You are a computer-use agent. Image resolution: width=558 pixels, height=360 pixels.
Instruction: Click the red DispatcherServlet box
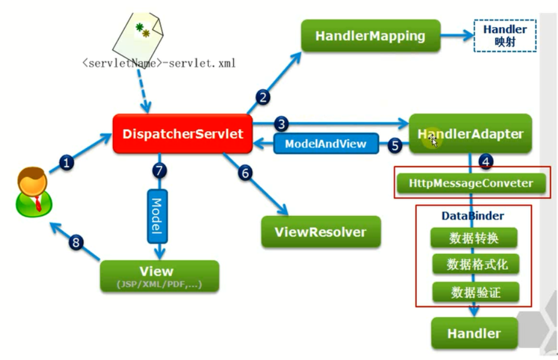pos(182,134)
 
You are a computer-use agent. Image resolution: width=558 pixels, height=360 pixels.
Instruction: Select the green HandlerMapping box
pos(370,35)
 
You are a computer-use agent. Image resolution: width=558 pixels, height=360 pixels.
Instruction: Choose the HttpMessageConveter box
pos(471,183)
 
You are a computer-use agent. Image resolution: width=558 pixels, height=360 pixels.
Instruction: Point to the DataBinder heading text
pos(472,216)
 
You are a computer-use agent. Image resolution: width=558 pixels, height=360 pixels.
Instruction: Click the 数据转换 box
pos(475,238)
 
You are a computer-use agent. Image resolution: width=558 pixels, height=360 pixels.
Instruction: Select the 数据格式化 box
pos(475,264)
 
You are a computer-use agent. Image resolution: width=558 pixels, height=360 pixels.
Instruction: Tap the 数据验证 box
pos(475,292)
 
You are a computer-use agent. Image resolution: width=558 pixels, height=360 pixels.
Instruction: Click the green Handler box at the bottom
pos(474,333)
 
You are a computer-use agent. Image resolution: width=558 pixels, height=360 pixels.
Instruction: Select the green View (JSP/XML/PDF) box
pos(157,276)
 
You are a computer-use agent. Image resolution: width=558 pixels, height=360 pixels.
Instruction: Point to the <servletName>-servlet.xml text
pos(159,63)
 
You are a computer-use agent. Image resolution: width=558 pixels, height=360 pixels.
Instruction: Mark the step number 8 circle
pos(75,243)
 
